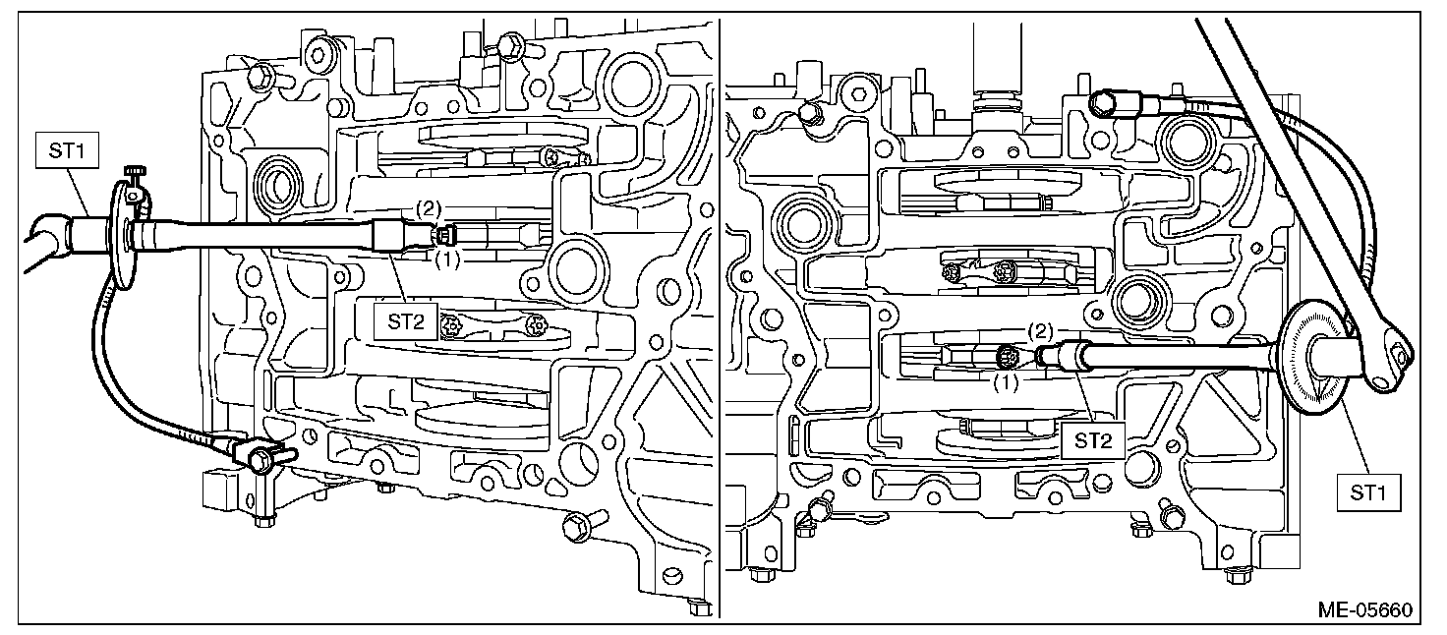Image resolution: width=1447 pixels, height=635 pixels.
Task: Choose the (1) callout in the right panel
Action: [1004, 382]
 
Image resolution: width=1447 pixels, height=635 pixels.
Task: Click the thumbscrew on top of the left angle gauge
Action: [133, 175]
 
